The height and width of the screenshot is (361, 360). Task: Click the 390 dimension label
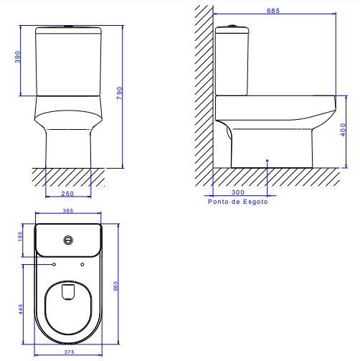(18, 57)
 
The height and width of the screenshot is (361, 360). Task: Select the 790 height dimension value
(120, 93)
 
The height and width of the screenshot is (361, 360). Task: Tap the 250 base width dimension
(67, 194)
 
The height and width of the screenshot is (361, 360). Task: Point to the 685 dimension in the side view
(273, 11)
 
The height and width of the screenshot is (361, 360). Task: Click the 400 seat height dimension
(343, 130)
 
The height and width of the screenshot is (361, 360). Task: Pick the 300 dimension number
(238, 192)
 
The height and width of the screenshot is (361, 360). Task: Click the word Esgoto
(255, 202)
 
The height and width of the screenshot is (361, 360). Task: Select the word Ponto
(218, 202)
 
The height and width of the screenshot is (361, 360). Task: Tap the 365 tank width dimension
(68, 210)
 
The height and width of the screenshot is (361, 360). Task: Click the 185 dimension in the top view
(20, 236)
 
